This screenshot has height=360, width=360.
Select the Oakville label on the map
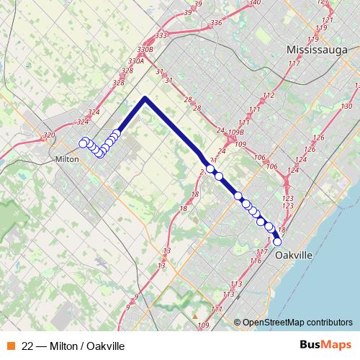click(294, 255)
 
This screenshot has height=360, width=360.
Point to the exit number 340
click(253, 3)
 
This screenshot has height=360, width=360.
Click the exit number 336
click(216, 22)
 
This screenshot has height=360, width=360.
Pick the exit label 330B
click(145, 50)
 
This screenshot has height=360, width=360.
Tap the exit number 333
click(161, 35)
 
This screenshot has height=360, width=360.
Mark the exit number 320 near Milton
click(49, 135)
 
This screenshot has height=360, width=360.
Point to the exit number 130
click(347, 106)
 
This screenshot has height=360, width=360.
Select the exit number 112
click(269, 96)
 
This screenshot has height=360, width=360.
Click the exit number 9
click(127, 307)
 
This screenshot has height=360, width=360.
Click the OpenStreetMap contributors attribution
click(297, 323)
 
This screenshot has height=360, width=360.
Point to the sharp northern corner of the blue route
click(145, 98)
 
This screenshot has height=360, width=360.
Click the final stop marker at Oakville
click(277, 242)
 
